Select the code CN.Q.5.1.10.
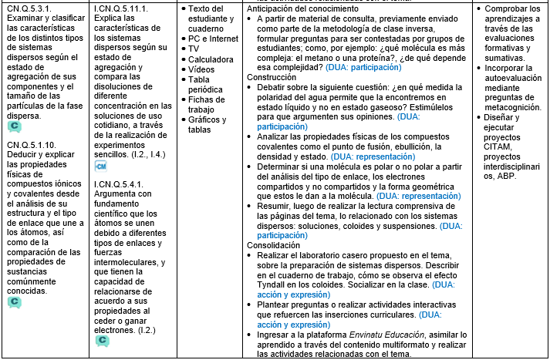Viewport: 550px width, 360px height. (x=31, y=144)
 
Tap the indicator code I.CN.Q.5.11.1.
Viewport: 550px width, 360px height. (x=123, y=8)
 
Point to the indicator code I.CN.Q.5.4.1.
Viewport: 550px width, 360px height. (x=120, y=184)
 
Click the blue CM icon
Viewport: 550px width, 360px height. (x=100, y=166)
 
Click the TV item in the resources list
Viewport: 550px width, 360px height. (x=194, y=48)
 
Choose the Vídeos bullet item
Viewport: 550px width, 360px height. (x=202, y=69)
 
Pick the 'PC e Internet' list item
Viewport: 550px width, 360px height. (x=214, y=38)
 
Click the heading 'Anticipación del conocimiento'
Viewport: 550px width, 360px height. (x=307, y=8)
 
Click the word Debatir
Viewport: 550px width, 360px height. (x=274, y=87)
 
